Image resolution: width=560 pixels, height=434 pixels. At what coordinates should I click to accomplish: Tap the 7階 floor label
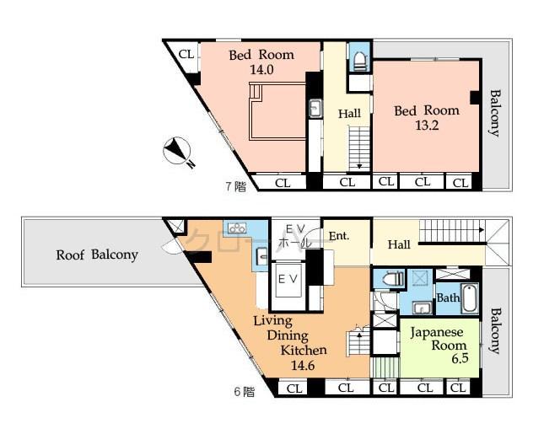click(x=234, y=186)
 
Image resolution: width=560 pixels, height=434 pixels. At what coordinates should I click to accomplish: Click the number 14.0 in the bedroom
click(x=261, y=70)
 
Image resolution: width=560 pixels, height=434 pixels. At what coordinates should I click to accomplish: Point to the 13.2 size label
click(x=426, y=126)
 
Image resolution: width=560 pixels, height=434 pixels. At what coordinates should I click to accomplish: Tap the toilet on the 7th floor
click(x=359, y=60)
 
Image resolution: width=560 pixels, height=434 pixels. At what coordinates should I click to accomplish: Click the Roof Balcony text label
click(x=97, y=255)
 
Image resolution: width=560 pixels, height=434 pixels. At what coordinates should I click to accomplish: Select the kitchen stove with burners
click(x=235, y=228)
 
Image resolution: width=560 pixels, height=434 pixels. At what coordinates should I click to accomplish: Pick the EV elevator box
click(x=286, y=279)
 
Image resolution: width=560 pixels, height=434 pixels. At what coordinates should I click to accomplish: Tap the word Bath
click(x=447, y=297)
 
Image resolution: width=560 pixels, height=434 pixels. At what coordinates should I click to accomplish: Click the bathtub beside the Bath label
click(x=470, y=298)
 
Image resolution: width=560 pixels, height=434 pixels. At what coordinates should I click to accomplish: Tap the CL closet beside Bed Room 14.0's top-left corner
click(x=186, y=55)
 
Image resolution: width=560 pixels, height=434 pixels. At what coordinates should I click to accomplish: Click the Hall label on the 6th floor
click(x=399, y=244)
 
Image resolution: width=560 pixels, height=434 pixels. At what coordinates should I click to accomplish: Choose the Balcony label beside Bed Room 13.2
click(x=495, y=112)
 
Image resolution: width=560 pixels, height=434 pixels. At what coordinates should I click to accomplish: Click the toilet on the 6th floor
click(x=390, y=279)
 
